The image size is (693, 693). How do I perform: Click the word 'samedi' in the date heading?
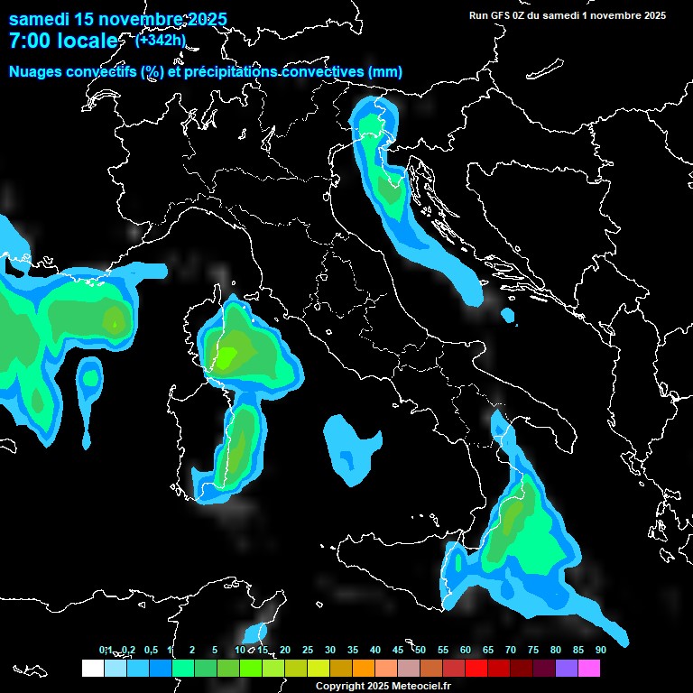pos(40,19)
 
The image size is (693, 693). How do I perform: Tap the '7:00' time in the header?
pos(31,41)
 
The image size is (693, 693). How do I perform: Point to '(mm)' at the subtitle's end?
pos(384,71)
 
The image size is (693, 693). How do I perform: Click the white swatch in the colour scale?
pos(92,668)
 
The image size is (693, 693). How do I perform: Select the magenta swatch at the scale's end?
pos(589,668)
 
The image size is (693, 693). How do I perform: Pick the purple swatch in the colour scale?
pos(567,668)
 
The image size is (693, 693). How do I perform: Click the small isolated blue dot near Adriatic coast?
pos(508,316)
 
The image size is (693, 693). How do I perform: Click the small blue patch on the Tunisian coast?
pos(256,633)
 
